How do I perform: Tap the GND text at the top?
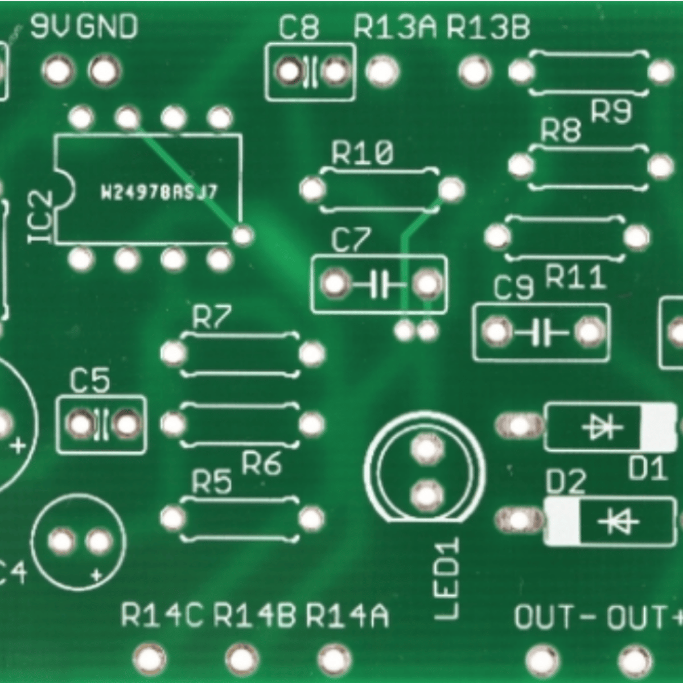click(107, 27)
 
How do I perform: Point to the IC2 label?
click(42, 217)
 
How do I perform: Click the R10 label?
click(363, 153)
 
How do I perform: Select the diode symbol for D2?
click(618, 521)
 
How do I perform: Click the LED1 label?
click(447, 580)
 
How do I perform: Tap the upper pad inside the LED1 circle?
click(426, 449)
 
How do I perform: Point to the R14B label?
click(255, 615)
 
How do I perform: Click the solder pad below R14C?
click(150, 659)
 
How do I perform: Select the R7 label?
click(212, 318)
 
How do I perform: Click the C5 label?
click(90, 381)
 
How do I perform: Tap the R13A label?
click(395, 27)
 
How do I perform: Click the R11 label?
click(575, 278)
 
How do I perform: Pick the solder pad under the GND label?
click(105, 71)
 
